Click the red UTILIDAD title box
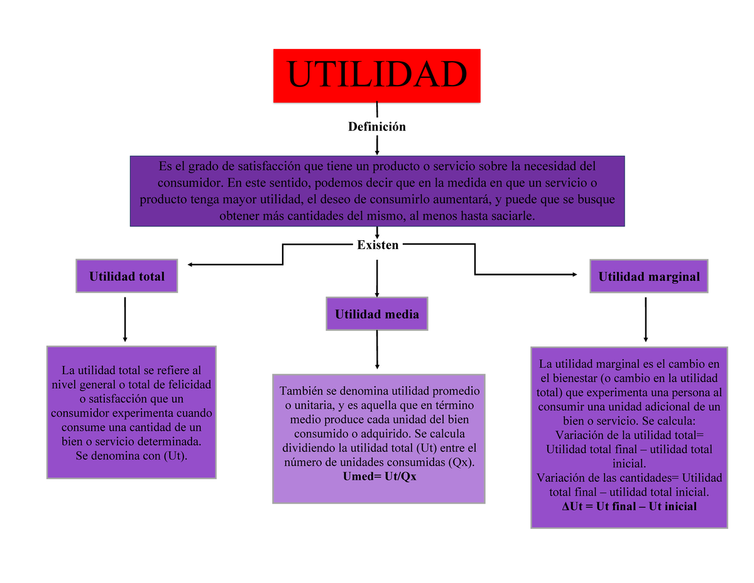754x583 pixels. (376, 75)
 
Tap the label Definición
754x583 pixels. (377, 126)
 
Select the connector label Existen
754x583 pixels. (378, 245)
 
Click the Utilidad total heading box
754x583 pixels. (127, 276)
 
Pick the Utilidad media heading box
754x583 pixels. (377, 314)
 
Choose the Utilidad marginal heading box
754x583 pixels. (648, 276)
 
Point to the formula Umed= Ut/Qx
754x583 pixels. (380, 476)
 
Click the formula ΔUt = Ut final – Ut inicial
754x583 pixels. (630, 506)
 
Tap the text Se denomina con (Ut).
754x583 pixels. (131, 455)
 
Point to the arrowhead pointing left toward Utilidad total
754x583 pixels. (190, 264)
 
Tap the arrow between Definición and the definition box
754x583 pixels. (377, 145)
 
